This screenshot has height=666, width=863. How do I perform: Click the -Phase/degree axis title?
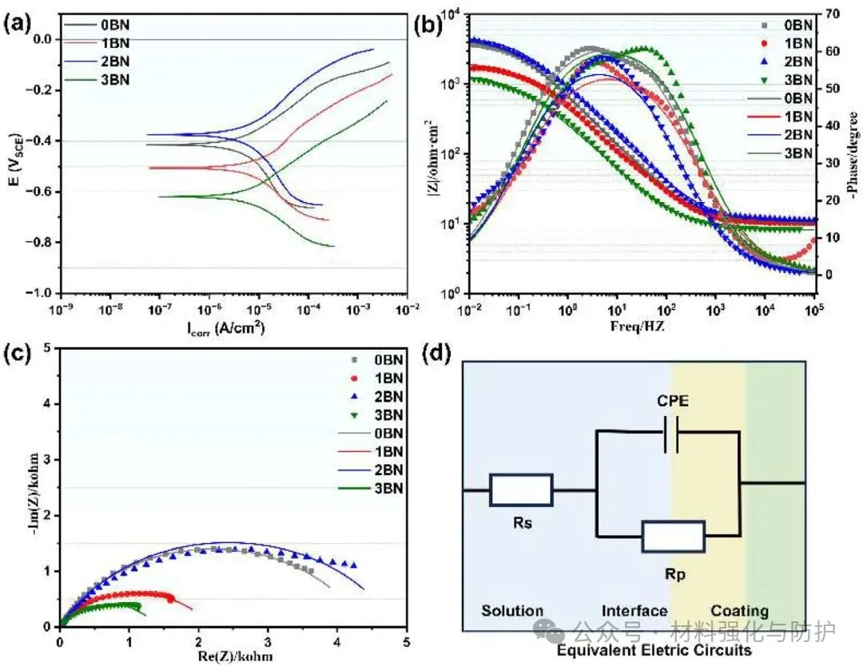[x=853, y=152]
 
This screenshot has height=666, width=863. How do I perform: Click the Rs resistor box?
[x=521, y=490]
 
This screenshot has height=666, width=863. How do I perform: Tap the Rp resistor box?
[x=673, y=537]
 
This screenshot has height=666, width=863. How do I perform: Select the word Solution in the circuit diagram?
[x=512, y=611]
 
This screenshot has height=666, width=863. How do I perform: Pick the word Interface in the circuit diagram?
[x=634, y=611]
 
